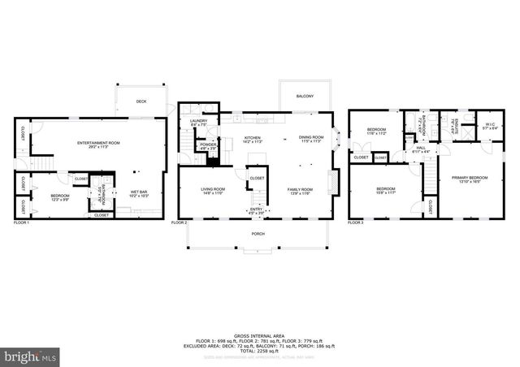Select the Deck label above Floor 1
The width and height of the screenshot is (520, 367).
click(x=141, y=101)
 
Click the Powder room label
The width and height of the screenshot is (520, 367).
click(x=208, y=146)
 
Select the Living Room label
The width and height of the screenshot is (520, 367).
click(x=214, y=191)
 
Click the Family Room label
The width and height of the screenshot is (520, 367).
click(x=301, y=191)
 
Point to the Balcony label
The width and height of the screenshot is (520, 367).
click(x=305, y=94)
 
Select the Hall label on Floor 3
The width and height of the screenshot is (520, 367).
click(x=420, y=149)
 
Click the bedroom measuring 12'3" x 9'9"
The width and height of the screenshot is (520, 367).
click(x=61, y=197)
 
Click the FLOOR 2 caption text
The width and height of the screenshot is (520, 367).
click(x=179, y=222)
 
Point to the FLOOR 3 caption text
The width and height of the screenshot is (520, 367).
click(x=356, y=222)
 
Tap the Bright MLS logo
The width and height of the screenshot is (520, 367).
click(x=31, y=356)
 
